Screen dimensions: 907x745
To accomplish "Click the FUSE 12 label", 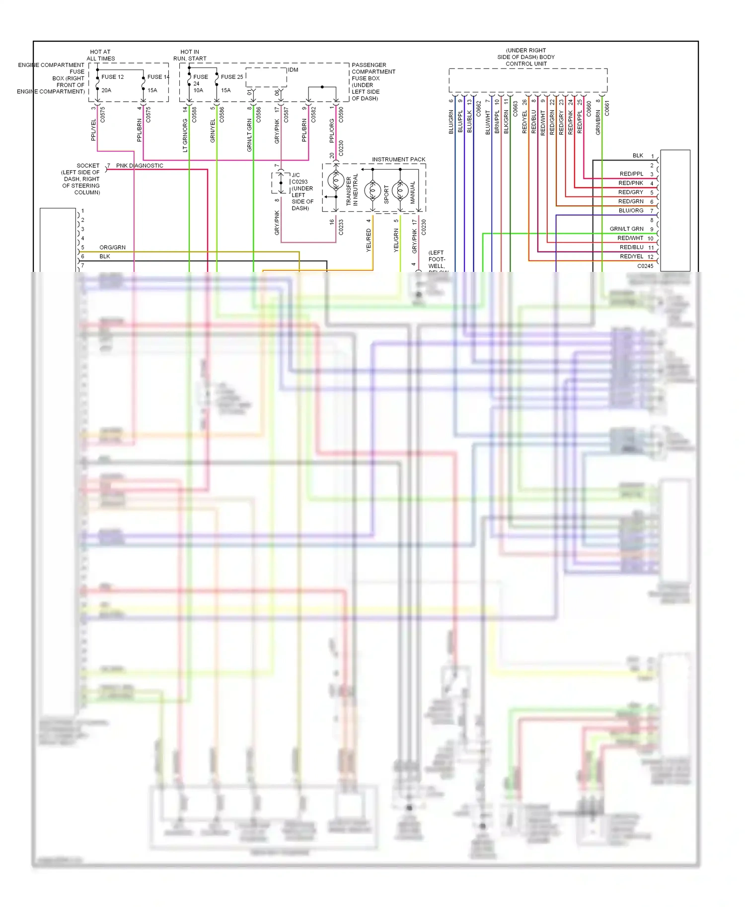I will tap(113, 77).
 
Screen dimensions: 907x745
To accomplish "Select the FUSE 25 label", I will tap(232, 77).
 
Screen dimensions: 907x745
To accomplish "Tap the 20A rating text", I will tap(106, 90).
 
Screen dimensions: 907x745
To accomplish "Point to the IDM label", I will tap(293, 70).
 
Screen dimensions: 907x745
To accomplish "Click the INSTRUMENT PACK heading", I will tap(398, 159).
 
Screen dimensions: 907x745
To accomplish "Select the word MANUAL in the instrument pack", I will tap(413, 193).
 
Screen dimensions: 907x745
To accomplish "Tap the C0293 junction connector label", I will tap(299, 182).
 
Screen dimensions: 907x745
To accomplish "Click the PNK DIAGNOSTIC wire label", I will tap(140, 166).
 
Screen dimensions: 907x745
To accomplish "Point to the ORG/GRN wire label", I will tap(112, 247).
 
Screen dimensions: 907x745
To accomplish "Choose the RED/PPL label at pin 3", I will tap(631, 174).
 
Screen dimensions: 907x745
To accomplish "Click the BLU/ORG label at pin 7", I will tap(631, 210).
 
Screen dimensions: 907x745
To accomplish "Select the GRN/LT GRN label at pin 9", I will tap(626, 229).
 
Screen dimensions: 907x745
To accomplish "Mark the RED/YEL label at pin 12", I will tap(631, 257).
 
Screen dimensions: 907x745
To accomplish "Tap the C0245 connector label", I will tap(645, 266).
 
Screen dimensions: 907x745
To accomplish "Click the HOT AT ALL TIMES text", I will tap(100, 55).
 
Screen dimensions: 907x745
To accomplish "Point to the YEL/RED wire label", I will tap(369, 240).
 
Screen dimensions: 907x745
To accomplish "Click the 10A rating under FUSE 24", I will tap(198, 90).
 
